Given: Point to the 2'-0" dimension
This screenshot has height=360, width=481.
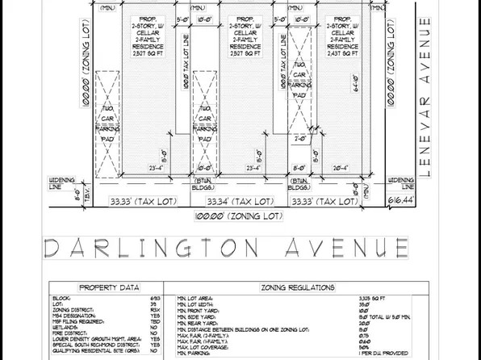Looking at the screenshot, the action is pos(301,138).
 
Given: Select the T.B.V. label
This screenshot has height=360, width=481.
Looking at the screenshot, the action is pos(66,193).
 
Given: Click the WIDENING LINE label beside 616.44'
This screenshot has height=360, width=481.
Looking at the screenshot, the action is pos(401,183).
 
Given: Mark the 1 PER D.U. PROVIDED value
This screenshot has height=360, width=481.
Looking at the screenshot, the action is pos(383,354).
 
